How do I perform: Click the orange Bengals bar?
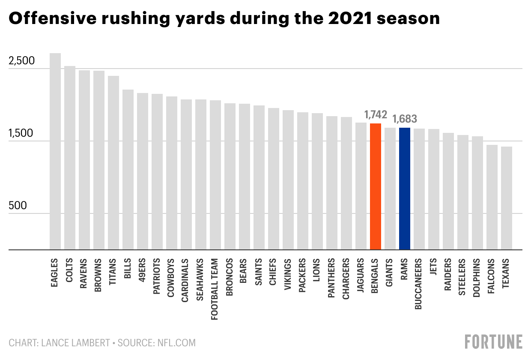click(x=376, y=186)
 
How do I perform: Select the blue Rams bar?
click(x=405, y=189)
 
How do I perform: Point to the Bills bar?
click(x=128, y=169)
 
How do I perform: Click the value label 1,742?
click(x=376, y=114)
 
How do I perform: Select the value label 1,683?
click(x=405, y=119)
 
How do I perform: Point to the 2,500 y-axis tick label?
click(x=21, y=61)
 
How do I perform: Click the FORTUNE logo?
click(x=493, y=342)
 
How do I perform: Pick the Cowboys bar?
click(x=172, y=173)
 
